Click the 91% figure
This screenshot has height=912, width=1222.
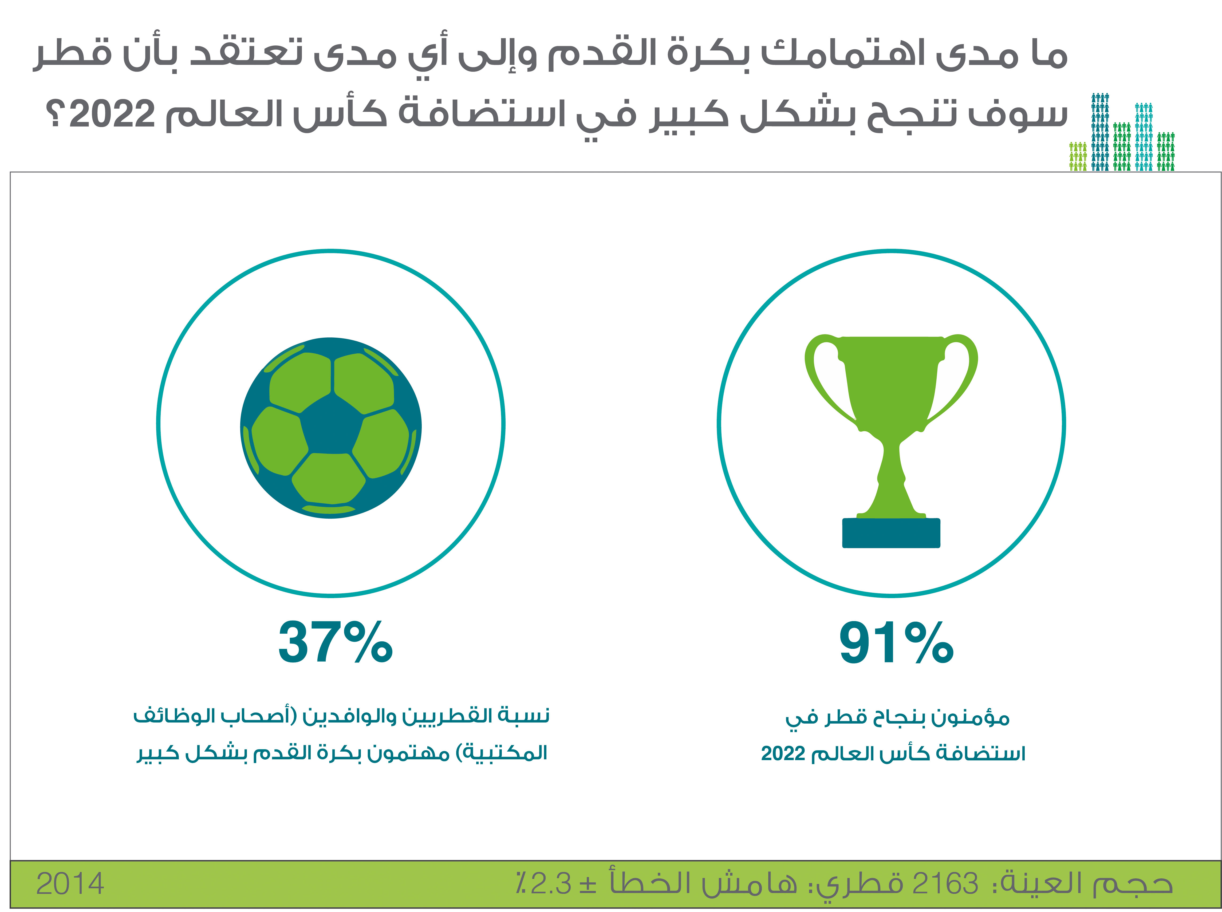point(896,643)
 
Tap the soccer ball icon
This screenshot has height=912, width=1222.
point(331,428)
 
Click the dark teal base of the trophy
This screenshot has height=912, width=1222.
point(891,533)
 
